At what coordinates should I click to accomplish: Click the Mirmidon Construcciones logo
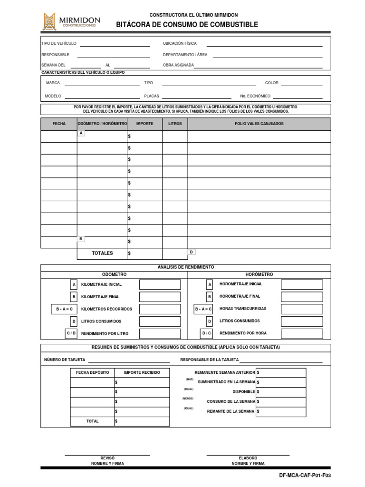coord(70,21)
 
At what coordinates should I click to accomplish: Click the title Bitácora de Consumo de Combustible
coord(187,25)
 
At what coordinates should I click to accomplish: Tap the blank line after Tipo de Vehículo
coord(115,46)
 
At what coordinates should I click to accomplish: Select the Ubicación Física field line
coord(264,46)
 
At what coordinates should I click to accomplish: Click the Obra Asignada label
coord(178,65)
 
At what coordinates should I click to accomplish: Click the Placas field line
coord(197,98)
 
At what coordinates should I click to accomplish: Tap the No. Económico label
coord(255,96)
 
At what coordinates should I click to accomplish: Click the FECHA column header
coord(59,124)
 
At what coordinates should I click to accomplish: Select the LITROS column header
coord(175,124)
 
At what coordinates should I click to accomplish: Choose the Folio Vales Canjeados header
coord(259,124)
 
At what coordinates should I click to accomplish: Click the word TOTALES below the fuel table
coord(102,253)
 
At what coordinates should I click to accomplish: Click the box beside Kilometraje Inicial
coord(160,284)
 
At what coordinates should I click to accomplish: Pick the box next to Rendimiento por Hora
coord(302,333)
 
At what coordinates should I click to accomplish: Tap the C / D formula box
coord(71,333)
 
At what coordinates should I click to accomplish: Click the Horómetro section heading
coord(259,274)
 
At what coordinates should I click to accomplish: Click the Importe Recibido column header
coord(142,372)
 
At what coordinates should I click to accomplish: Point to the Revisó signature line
coord(107,455)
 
